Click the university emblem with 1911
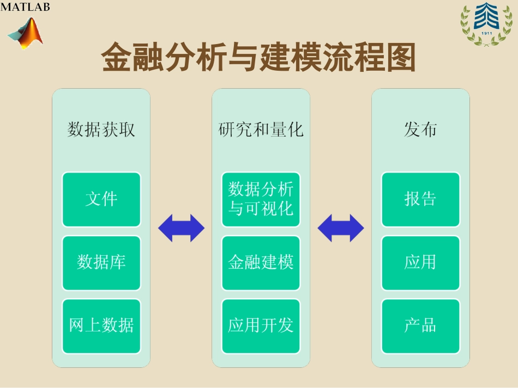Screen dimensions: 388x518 486,24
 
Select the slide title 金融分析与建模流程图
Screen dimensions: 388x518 259,58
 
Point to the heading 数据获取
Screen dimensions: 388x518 101,130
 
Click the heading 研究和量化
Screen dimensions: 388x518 261,130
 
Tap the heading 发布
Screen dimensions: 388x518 420,130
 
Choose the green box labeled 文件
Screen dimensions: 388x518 101,199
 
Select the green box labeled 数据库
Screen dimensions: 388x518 101,262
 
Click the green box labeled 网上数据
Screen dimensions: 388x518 101,325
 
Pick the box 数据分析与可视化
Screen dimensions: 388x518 261,199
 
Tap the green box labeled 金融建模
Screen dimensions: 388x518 261,262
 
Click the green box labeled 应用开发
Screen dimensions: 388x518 261,325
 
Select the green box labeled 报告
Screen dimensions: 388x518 420,199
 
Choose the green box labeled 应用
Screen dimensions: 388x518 420,262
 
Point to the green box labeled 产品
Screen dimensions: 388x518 420,325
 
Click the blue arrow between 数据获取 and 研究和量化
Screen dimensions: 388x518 181,228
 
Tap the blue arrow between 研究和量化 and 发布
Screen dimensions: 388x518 340,228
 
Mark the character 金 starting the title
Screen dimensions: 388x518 117,58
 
